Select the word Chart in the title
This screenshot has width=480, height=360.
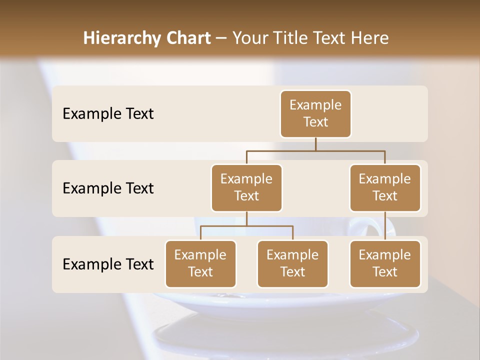[x=186, y=38]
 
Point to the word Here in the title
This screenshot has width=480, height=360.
[x=370, y=38]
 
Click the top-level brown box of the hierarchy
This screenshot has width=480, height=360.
[x=315, y=114]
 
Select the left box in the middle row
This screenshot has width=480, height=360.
[x=246, y=187]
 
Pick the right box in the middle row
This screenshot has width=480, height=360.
[x=385, y=187]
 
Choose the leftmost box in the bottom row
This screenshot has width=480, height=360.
[x=200, y=263]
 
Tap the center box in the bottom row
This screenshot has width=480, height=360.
[x=292, y=263]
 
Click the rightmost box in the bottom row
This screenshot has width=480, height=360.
[x=385, y=263]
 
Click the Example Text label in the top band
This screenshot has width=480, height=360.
[x=108, y=114]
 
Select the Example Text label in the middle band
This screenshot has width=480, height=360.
[x=108, y=188]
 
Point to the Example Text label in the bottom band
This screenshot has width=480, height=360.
[x=108, y=264]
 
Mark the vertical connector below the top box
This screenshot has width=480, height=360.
[x=315, y=144]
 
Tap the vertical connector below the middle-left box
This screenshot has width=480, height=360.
[x=246, y=218]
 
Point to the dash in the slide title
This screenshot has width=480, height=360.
[x=221, y=38]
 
